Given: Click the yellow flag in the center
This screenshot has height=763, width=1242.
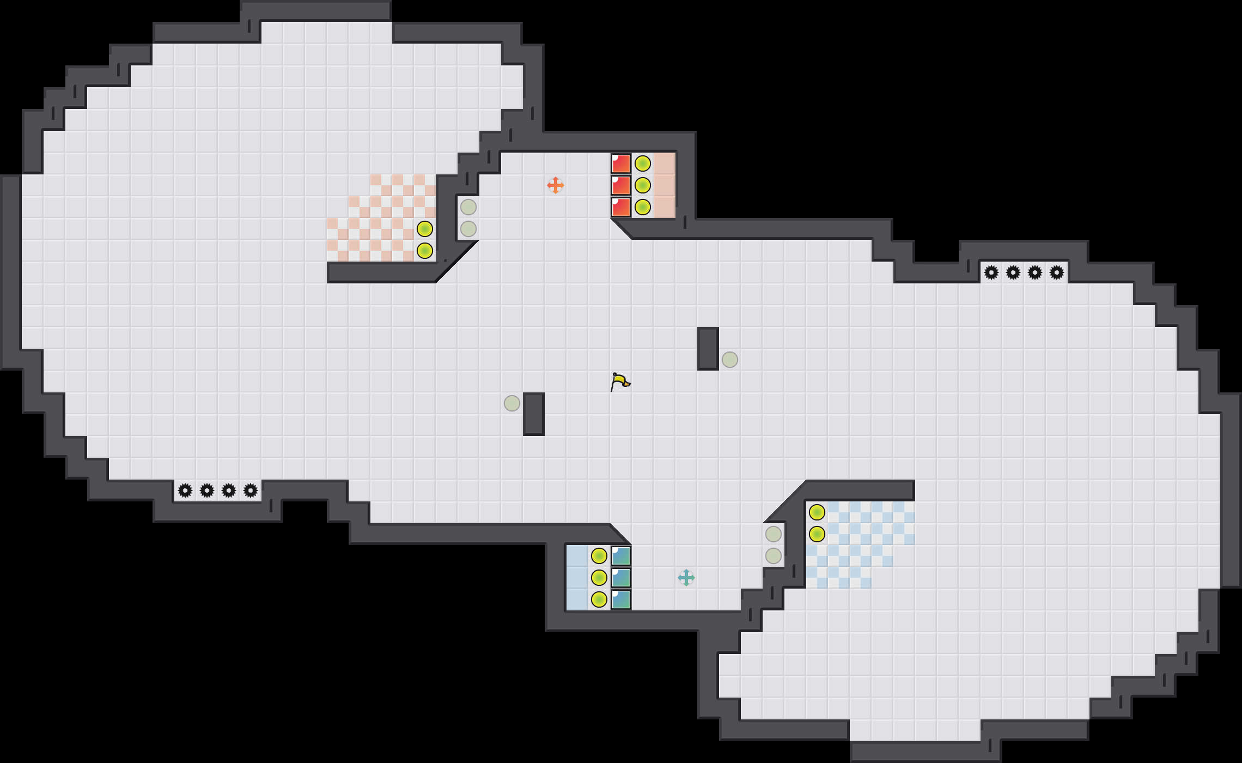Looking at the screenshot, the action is (x=620, y=381).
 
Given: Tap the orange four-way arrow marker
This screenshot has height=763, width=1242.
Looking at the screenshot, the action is (x=556, y=185).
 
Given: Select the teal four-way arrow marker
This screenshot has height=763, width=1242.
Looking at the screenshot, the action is (x=686, y=578).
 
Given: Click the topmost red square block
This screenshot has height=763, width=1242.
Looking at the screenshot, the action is (x=621, y=163).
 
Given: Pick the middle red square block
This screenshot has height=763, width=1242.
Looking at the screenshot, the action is (x=621, y=185).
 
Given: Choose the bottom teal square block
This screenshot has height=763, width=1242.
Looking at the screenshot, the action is (x=621, y=599).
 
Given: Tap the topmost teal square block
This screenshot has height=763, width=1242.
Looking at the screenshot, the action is (x=621, y=556).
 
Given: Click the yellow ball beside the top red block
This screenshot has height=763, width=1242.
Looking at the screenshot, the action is (x=643, y=163).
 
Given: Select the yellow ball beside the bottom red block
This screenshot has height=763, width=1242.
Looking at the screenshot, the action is (x=643, y=207).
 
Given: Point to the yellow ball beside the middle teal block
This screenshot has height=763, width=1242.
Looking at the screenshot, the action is (x=599, y=578).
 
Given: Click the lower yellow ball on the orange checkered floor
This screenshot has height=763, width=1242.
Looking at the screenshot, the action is (x=425, y=251).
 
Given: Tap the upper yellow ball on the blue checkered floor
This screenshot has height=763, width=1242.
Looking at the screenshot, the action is (x=817, y=512).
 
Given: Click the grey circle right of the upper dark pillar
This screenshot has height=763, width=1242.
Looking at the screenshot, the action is (x=730, y=360).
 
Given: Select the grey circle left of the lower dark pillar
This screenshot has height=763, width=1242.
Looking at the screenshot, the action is (x=512, y=403).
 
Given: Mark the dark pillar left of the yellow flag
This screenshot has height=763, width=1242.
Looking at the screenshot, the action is (x=534, y=414).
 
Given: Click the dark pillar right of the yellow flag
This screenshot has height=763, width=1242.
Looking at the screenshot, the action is (x=708, y=349).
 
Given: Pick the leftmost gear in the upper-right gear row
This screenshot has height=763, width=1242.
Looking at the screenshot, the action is (x=991, y=272).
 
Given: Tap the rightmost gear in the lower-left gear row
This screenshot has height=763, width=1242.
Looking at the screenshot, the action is (x=251, y=491).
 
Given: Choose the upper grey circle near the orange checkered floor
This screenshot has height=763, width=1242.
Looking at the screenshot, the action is (x=468, y=207).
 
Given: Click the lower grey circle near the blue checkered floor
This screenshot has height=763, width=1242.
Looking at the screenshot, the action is (x=774, y=556).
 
